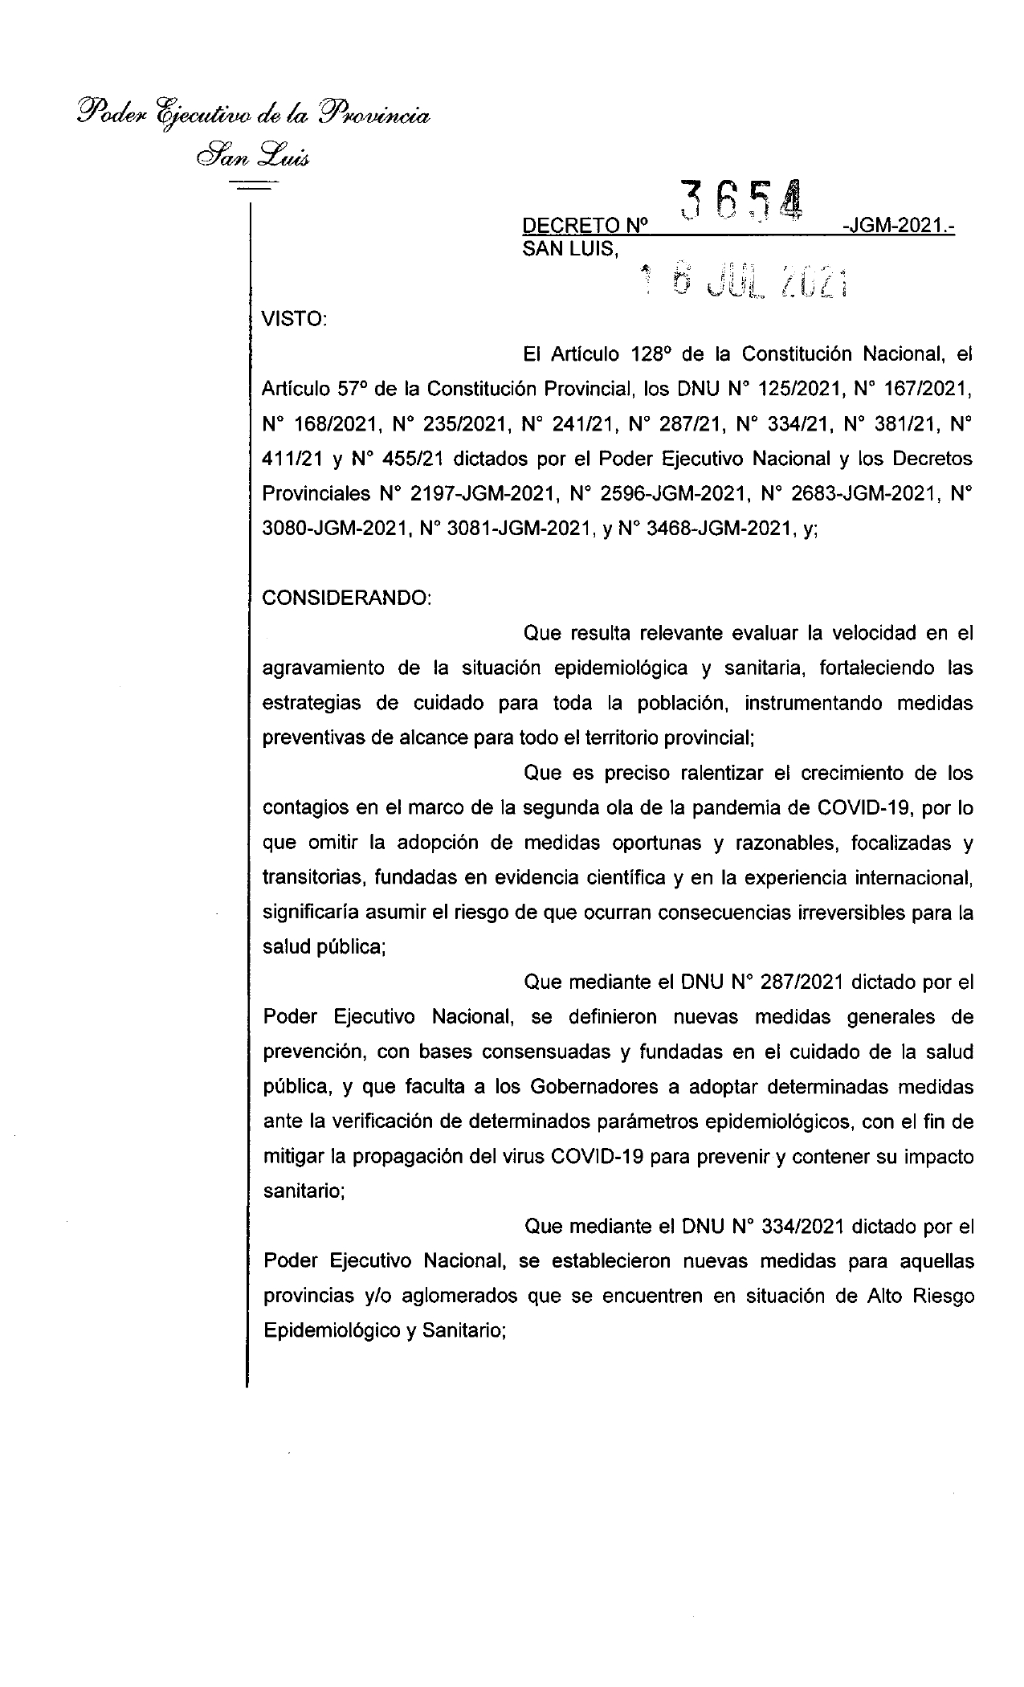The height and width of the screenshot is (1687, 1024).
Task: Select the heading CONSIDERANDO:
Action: coord(347,598)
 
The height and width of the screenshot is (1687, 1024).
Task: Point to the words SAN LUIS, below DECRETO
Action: coord(571,249)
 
